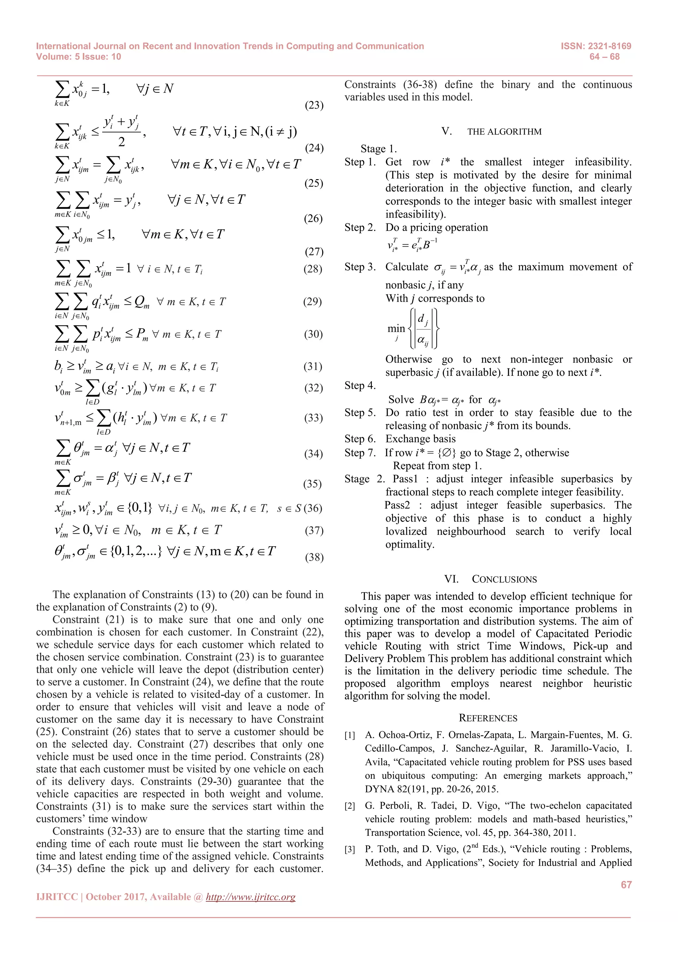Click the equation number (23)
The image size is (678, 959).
tap(314, 105)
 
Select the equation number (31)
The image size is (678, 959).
tap(313, 366)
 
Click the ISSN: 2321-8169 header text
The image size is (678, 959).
tap(596, 46)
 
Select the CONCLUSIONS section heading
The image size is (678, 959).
tap(504, 579)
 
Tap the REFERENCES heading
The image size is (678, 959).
tap(488, 718)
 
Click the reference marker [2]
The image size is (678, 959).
tap(350, 806)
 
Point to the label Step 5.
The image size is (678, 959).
tap(360, 413)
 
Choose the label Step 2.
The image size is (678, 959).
tap(360, 227)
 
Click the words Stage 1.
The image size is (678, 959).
tap(379, 149)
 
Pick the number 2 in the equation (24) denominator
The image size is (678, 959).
tap(121, 142)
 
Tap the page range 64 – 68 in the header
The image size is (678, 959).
tap(604, 57)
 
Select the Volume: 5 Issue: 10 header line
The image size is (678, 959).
tap(78, 57)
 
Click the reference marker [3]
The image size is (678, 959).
tap(350, 850)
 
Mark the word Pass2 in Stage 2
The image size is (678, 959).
tap(397, 505)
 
